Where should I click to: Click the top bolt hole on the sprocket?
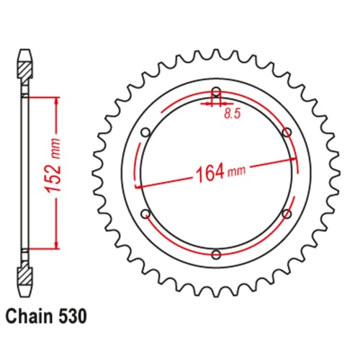click(216, 91)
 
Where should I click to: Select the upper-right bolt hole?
click(287, 132)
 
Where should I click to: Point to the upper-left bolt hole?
click(145, 132)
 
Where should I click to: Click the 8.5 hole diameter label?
click(231, 113)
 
